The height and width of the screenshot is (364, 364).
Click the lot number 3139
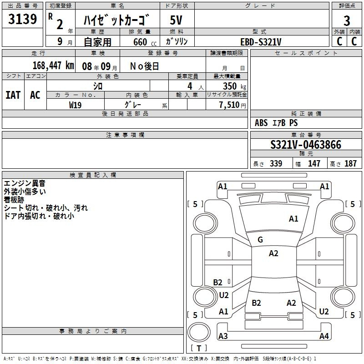click(x=22, y=19)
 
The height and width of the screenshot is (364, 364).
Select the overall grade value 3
click(x=347, y=20)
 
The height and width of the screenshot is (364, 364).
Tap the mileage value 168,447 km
click(x=53, y=66)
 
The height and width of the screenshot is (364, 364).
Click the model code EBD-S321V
click(x=261, y=42)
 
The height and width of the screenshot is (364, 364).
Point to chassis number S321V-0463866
click(x=306, y=145)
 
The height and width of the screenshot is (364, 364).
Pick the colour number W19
click(x=75, y=105)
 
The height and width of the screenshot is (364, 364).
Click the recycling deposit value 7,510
click(x=229, y=105)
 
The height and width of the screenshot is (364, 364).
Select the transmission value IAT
click(x=13, y=95)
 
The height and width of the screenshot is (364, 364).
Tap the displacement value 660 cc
click(x=145, y=42)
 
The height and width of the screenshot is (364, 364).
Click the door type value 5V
click(x=176, y=20)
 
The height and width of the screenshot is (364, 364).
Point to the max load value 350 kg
click(x=234, y=86)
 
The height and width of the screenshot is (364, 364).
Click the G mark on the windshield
click(x=260, y=239)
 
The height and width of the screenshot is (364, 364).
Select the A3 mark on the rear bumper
click(x=223, y=336)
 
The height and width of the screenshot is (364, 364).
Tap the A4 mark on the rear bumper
click(x=324, y=336)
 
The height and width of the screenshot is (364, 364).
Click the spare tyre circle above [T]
click(x=199, y=332)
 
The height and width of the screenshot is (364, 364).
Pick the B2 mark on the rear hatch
click(x=256, y=303)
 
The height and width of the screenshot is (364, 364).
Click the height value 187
click(x=350, y=163)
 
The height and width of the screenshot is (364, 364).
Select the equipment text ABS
click(x=261, y=123)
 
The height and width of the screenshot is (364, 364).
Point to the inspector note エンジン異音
click(x=25, y=183)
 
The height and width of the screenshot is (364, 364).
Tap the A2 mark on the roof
click(x=273, y=253)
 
